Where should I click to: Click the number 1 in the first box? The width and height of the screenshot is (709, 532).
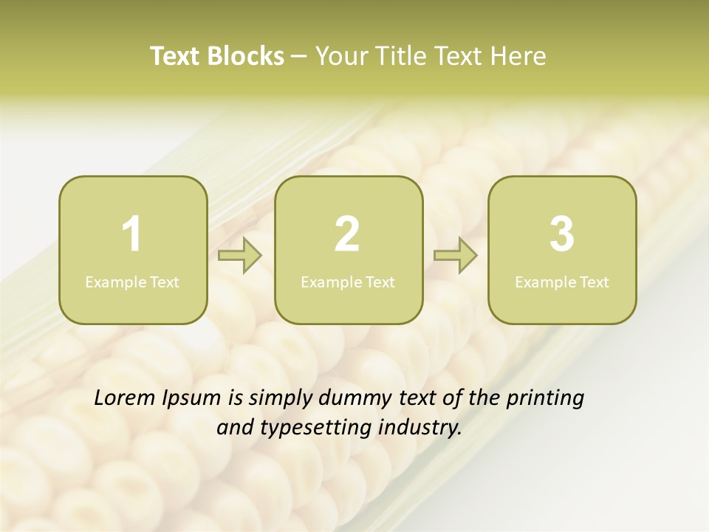click(x=131, y=234)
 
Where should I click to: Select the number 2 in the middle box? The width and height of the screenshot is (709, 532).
click(x=347, y=234)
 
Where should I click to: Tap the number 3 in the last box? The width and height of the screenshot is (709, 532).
click(x=562, y=234)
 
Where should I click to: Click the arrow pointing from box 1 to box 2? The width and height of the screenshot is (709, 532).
click(x=240, y=256)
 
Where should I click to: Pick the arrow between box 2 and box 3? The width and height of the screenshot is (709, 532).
click(x=455, y=256)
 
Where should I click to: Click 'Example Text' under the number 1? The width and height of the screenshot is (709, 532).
click(x=132, y=282)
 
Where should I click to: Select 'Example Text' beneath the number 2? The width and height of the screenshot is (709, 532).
click(x=348, y=282)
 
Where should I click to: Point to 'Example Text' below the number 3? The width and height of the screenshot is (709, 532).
click(x=562, y=282)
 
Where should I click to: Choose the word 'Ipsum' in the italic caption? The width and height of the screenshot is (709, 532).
click(x=192, y=399)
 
